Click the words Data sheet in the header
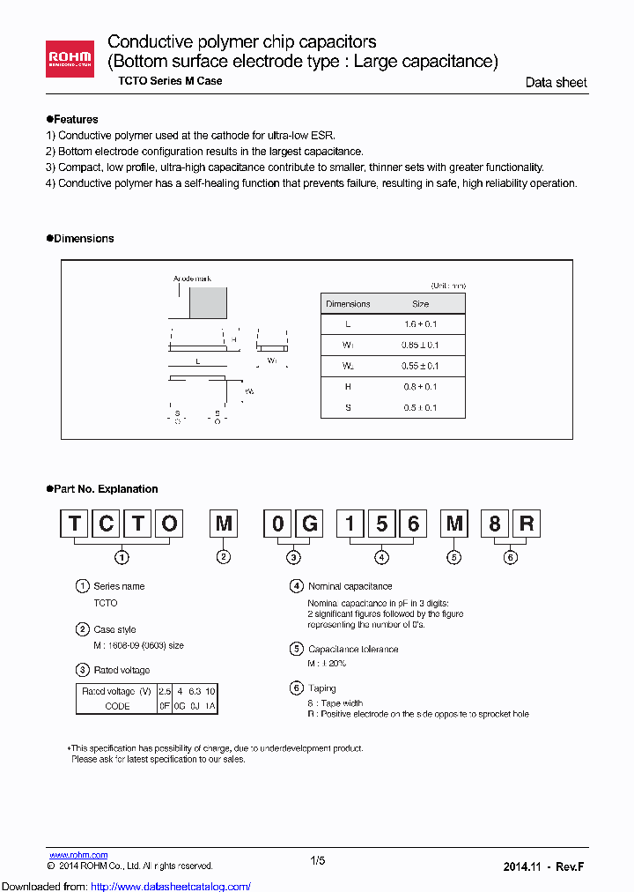pos(556,83)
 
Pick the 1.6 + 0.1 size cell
pos(420,324)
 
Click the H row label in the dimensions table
pos(348,387)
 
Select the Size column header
pos(420,304)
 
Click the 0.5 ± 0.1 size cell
pos(420,408)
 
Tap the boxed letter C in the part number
pos(105,524)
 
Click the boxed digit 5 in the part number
pos(381,524)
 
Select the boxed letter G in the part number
pos(309,524)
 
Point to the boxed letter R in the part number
pos(526,524)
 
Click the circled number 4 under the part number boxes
pos(381,557)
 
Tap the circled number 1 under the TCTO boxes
pos(122,557)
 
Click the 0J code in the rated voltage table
pos(194,706)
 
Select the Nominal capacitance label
pos(350,586)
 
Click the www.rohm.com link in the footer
pos(78,855)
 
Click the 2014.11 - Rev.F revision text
pos(543,866)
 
